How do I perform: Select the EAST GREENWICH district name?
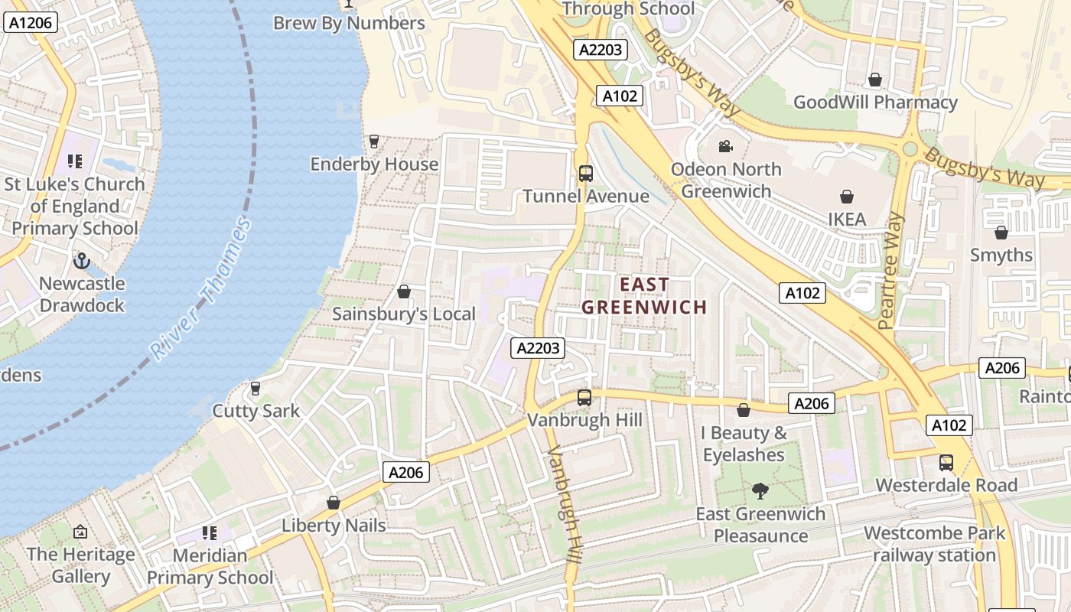[x=644, y=296]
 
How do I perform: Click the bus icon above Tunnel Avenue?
[x=585, y=174]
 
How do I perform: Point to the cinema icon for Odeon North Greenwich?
[x=725, y=146]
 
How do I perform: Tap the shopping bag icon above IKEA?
[x=847, y=197]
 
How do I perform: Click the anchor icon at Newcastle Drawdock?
[x=82, y=262]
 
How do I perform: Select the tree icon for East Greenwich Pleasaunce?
[x=760, y=491]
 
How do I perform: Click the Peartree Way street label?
[x=892, y=271]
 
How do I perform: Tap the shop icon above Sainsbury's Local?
[x=404, y=292]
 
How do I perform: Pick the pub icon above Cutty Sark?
[x=256, y=389]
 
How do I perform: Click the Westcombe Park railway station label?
[x=934, y=544]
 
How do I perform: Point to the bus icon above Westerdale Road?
[x=946, y=463]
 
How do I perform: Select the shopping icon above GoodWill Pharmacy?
[x=875, y=80]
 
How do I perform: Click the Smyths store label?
[x=1001, y=255]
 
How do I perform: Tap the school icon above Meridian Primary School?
[x=209, y=533]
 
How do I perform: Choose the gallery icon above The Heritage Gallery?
[x=80, y=532]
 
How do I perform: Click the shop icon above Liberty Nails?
[x=333, y=503]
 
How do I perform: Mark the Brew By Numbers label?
[x=349, y=23]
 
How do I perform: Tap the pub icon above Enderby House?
[x=373, y=142]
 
